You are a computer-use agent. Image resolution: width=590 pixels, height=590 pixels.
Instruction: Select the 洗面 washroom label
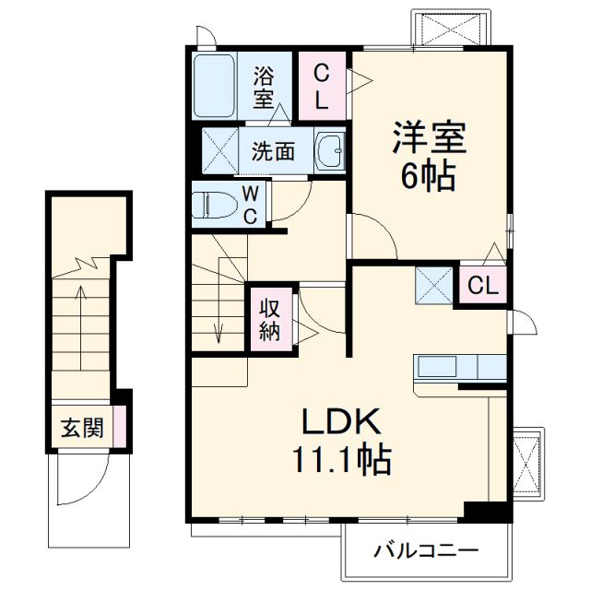click(x=274, y=151)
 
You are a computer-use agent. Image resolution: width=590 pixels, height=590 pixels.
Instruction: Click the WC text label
click(x=251, y=204)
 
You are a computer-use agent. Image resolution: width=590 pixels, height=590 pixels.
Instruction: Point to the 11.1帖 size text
click(x=341, y=458)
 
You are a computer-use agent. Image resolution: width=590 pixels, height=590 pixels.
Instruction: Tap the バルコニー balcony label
click(x=426, y=551)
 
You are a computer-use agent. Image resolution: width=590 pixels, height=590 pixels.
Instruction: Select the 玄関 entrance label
click(x=82, y=429)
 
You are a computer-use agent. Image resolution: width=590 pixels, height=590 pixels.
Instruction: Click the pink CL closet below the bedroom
click(x=482, y=286)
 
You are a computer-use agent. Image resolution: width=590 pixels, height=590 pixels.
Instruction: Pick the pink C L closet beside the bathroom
click(x=322, y=85)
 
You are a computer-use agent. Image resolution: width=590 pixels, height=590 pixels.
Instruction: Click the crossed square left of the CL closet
click(x=433, y=285)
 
